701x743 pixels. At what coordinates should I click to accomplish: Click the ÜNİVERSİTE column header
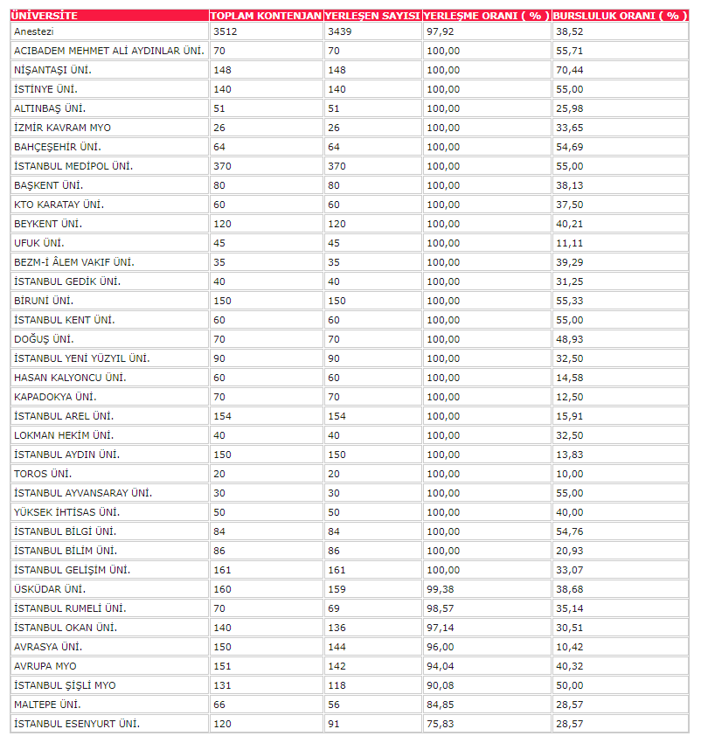click(x=44, y=16)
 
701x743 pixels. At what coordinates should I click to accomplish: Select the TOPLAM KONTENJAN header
click(x=266, y=16)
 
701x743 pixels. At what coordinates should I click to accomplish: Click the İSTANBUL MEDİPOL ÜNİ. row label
click(x=73, y=166)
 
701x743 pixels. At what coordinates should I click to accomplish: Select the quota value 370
click(x=221, y=166)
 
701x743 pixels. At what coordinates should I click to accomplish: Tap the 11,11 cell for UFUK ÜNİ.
click(x=569, y=243)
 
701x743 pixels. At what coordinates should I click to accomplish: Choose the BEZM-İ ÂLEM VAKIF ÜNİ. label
click(x=74, y=262)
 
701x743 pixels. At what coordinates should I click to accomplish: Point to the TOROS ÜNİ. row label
click(x=43, y=474)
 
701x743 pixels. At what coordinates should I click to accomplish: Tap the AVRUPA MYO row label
click(x=45, y=666)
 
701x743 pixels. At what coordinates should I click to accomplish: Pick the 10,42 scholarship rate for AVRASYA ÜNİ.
click(x=569, y=647)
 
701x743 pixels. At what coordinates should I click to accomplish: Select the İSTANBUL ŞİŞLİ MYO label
click(x=65, y=685)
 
